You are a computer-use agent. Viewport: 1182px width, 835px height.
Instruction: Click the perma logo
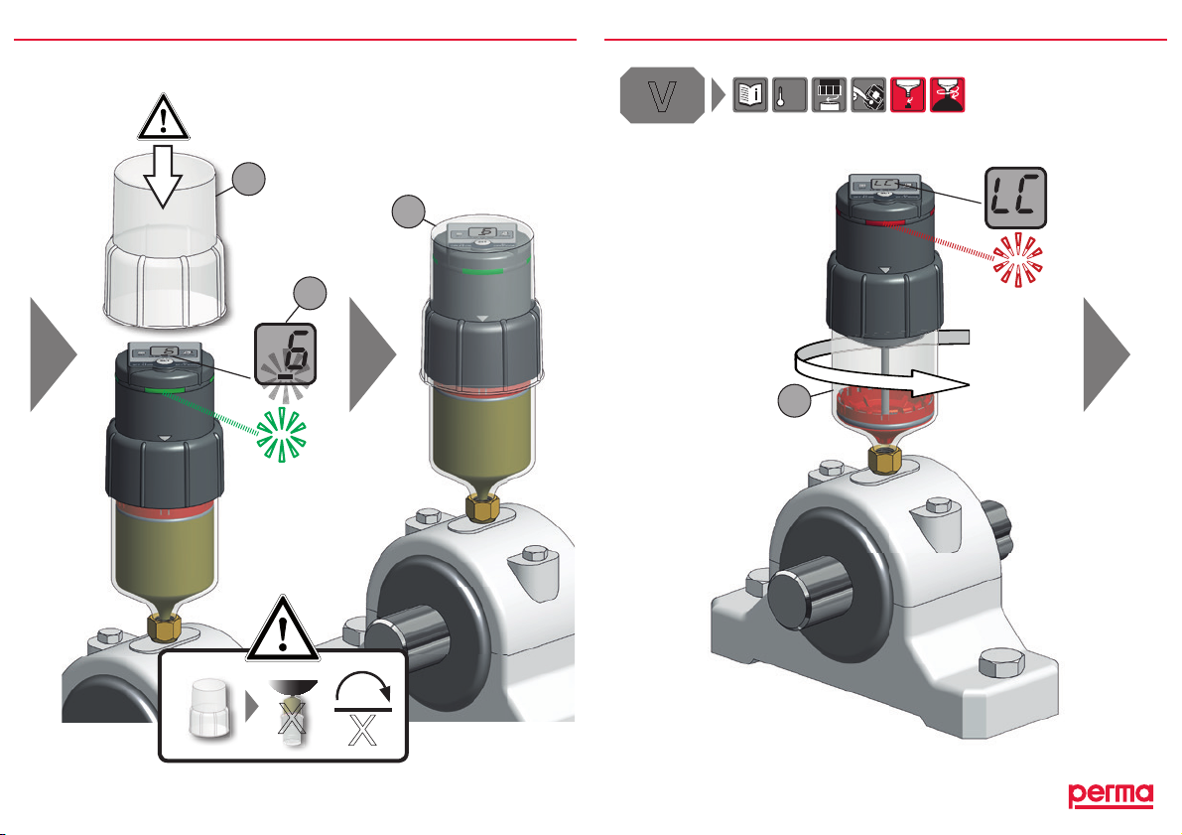pyautogui.click(x=1111, y=795)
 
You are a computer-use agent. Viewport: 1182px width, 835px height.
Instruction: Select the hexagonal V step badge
pyautogui.click(x=663, y=95)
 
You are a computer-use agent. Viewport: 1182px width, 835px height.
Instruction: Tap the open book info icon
pyautogui.click(x=750, y=95)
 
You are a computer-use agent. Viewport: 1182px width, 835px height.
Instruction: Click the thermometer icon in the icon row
pyautogui.click(x=789, y=95)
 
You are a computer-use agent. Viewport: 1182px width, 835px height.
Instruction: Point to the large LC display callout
pyautogui.click(x=1015, y=198)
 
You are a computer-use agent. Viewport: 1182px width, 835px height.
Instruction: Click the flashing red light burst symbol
pyautogui.click(x=1017, y=259)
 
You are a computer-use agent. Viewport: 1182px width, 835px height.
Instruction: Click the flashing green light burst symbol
pyautogui.click(x=281, y=435)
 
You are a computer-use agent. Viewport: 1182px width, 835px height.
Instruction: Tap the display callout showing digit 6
pyautogui.click(x=285, y=353)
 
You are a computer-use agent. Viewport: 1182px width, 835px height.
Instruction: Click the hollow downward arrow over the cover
pyautogui.click(x=163, y=177)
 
